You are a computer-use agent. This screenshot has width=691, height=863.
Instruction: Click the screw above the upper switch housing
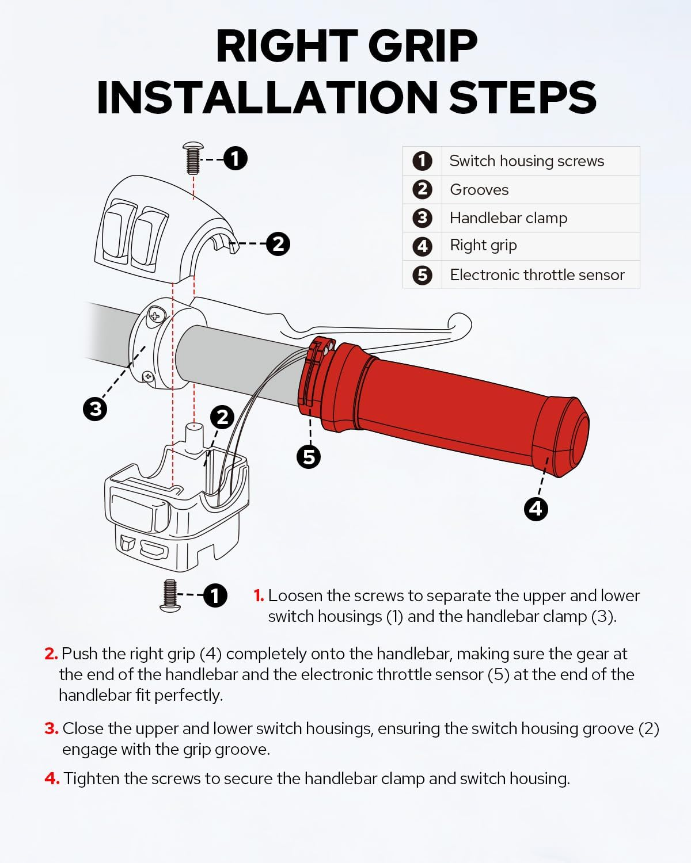[193, 158]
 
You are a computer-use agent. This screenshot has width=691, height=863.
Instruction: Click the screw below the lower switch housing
[170, 595]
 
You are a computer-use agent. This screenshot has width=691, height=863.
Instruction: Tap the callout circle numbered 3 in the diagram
[95, 410]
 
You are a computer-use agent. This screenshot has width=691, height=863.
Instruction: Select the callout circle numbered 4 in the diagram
[536, 509]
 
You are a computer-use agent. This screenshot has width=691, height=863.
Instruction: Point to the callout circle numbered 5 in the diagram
[309, 457]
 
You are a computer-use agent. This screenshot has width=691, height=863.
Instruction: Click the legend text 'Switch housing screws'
[526, 161]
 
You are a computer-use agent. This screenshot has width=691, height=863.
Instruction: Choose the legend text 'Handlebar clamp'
[508, 218]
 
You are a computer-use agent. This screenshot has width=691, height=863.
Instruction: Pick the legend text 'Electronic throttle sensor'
[537, 275]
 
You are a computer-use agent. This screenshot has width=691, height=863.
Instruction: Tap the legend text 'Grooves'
[479, 190]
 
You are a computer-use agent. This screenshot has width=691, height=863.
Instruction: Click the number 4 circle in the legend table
[423, 246]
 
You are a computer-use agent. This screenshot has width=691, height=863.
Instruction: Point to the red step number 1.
[259, 595]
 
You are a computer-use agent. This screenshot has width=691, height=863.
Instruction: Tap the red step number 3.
[51, 728]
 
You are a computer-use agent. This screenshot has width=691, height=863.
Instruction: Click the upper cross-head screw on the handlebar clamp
[156, 314]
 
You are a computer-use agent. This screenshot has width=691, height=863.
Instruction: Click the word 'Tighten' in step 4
[92, 779]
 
